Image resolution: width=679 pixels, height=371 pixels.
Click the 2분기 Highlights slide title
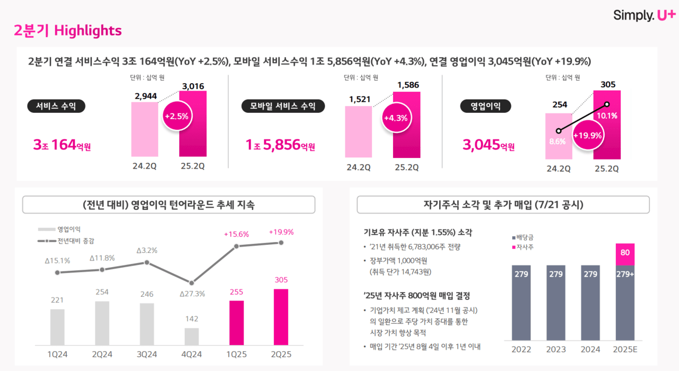click(68, 31)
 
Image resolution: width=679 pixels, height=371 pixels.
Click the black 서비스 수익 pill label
click(56, 107)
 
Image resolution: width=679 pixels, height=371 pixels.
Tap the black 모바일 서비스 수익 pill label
click(282, 107)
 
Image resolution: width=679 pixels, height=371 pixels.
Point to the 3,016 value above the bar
click(193, 86)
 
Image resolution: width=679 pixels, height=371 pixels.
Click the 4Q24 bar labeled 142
click(191, 337)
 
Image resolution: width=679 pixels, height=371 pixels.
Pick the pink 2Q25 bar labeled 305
click(281, 317)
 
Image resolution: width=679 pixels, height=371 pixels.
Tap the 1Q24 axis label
click(57, 355)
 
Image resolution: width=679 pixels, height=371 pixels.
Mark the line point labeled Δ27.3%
click(191, 282)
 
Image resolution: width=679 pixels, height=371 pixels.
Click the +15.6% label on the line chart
click(236, 234)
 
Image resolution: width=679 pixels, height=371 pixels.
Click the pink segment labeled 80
click(624, 253)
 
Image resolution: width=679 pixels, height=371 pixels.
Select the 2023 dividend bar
click(556, 302)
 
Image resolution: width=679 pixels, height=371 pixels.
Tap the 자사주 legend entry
click(524, 247)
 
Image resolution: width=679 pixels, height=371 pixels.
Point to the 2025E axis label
click(625, 349)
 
